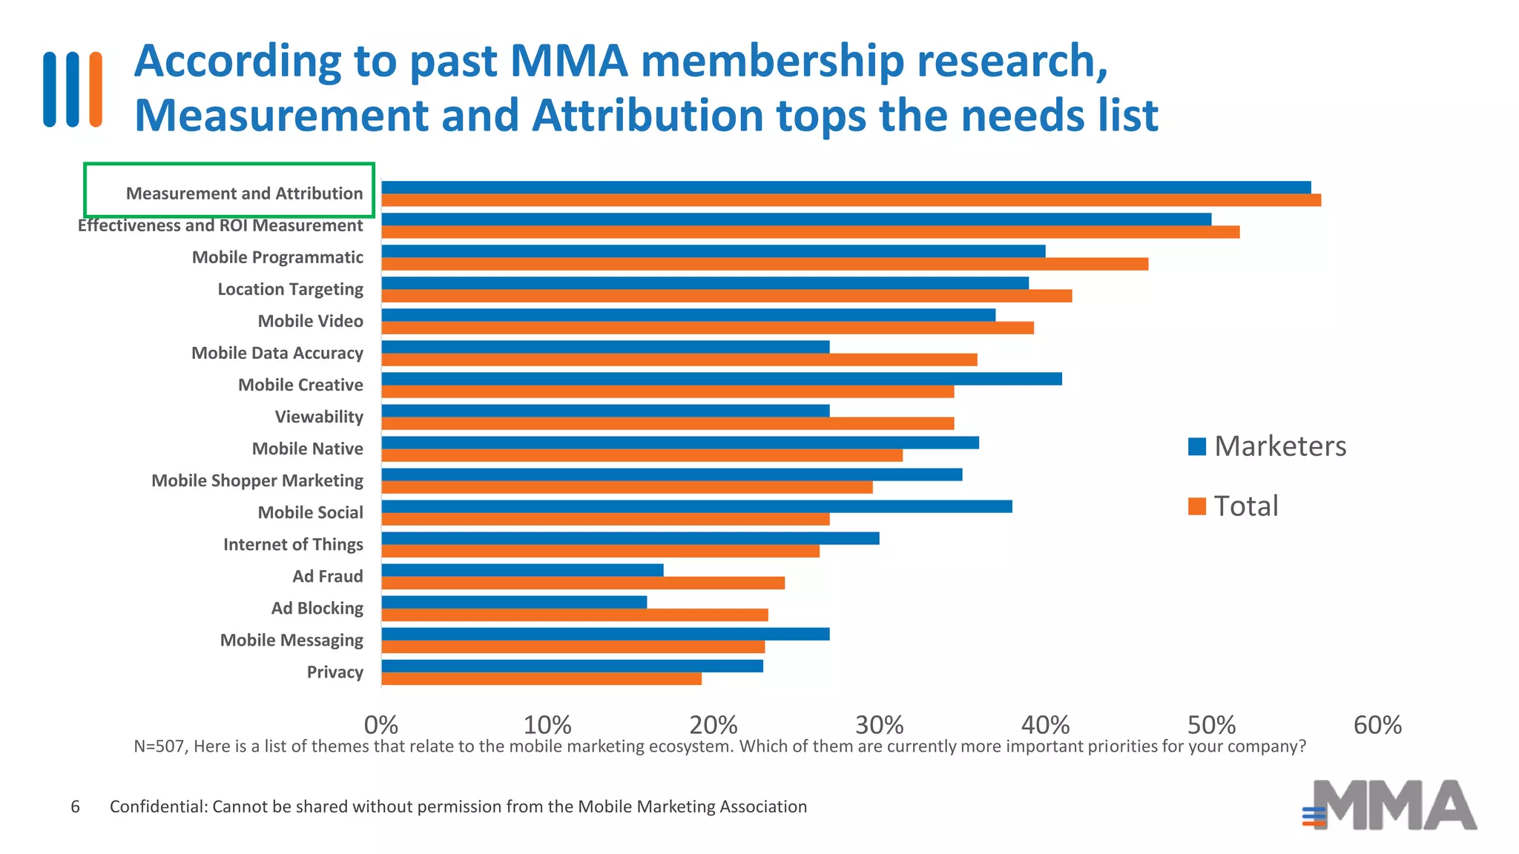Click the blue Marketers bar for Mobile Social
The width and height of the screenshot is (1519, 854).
(x=696, y=506)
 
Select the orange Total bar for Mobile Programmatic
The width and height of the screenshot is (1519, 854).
(x=764, y=264)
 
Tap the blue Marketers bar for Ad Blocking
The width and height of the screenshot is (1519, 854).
(x=514, y=602)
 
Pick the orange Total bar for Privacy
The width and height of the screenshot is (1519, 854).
(x=541, y=678)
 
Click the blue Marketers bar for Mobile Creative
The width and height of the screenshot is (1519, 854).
(x=721, y=379)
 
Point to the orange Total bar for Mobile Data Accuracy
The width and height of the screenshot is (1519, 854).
(x=679, y=360)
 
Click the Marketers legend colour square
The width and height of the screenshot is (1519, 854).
(x=1196, y=446)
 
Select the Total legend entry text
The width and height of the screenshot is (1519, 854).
(x=1246, y=506)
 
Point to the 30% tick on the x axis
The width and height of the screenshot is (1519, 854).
(x=879, y=724)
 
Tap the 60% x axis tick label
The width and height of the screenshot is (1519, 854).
(x=1377, y=724)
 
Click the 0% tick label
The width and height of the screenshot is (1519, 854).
(x=381, y=724)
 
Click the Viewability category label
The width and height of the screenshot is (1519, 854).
(x=319, y=417)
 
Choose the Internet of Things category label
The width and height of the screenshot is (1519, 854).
(x=293, y=544)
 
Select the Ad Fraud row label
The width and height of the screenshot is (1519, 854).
(x=327, y=576)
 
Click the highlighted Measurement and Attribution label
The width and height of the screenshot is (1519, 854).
(x=244, y=193)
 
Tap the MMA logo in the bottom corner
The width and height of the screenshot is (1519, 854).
(x=1391, y=805)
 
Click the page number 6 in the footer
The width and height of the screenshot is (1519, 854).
(x=75, y=807)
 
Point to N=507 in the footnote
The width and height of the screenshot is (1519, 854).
(x=159, y=747)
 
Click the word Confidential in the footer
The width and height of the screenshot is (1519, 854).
(x=158, y=807)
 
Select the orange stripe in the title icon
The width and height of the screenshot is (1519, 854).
(x=95, y=89)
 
